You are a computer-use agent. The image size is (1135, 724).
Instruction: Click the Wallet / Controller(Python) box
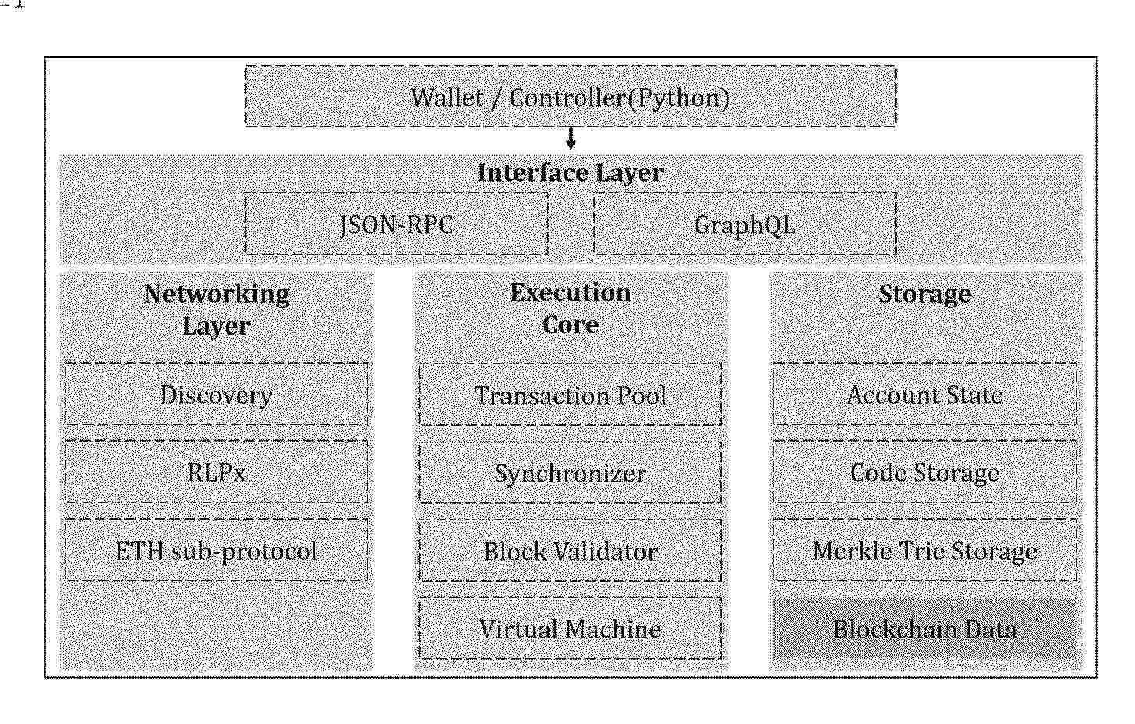tap(571, 96)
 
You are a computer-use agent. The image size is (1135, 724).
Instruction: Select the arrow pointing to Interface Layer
tap(571, 138)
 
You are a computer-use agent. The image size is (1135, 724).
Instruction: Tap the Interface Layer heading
tap(571, 173)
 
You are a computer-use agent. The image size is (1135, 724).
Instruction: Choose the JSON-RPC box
tap(397, 224)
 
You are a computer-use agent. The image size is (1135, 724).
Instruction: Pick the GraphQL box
tap(745, 224)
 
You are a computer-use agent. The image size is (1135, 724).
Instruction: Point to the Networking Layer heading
tap(217, 310)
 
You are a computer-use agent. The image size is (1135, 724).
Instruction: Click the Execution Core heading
tap(571, 308)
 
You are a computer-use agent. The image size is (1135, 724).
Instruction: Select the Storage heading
tap(925, 294)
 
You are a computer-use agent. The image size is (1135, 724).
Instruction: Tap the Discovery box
tap(217, 394)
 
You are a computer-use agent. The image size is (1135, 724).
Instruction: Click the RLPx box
tap(217, 472)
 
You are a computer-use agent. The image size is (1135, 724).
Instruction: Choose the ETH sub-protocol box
tap(217, 550)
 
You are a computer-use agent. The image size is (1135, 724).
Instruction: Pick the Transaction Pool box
tap(571, 395)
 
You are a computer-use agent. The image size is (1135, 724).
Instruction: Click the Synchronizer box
tap(571, 473)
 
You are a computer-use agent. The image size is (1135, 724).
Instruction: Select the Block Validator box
tap(571, 551)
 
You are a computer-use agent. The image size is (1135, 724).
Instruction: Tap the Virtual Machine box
tap(571, 629)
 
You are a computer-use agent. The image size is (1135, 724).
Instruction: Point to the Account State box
tap(925, 394)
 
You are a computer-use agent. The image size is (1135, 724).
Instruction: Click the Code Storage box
tap(925, 472)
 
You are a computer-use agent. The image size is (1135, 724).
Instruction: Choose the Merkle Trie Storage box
tap(925, 550)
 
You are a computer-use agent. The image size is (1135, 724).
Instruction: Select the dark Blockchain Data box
tap(925, 629)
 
